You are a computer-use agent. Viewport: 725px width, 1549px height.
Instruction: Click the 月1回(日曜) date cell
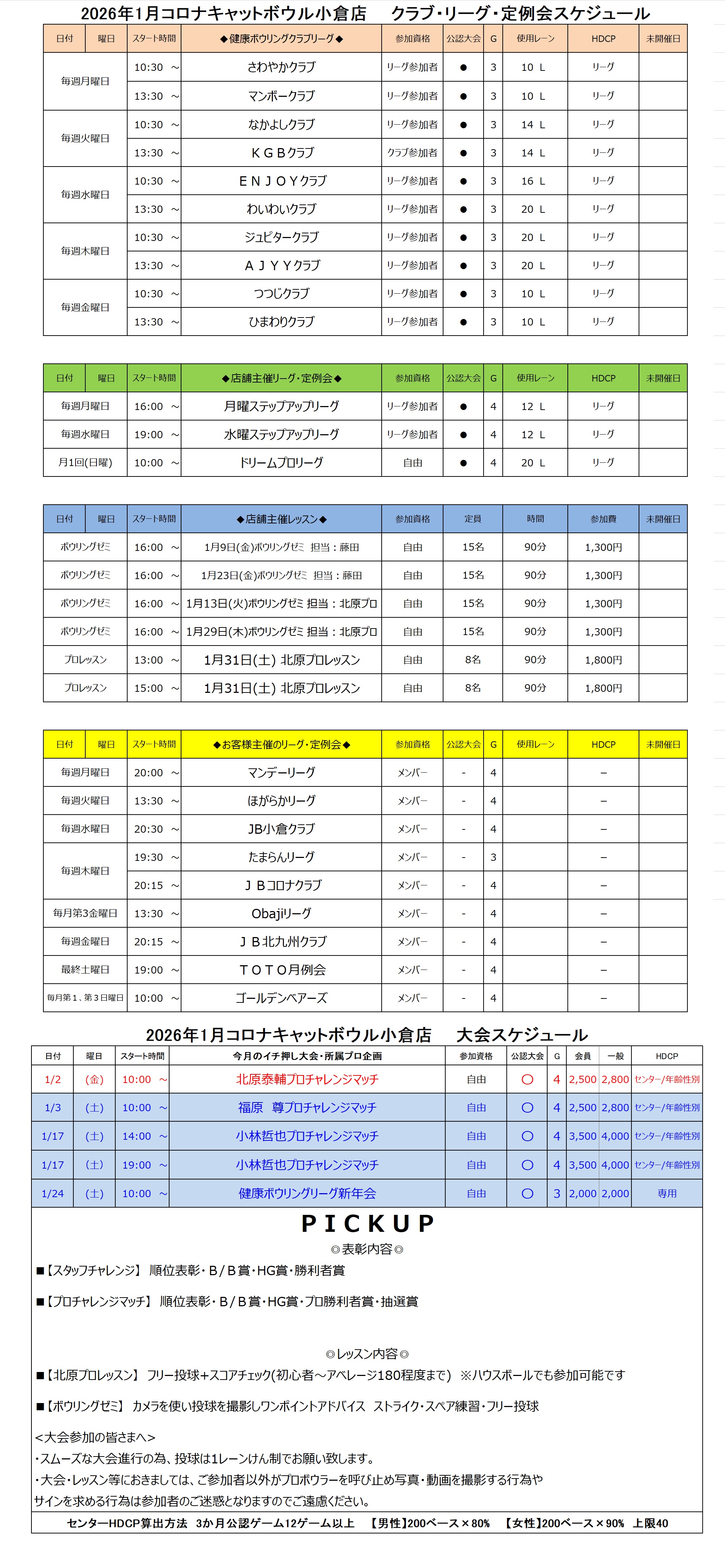85,462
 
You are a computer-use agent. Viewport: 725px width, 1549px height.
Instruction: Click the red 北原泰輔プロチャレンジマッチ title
307,1079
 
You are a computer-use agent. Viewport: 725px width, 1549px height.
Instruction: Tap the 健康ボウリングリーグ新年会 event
307,1193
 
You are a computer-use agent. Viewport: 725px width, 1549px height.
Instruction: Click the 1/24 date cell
52,1194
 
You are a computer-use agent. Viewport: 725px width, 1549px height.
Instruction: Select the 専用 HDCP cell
667,1194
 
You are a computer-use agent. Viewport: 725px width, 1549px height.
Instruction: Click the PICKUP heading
367,1224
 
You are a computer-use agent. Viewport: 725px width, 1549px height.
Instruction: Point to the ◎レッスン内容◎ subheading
367,1354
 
